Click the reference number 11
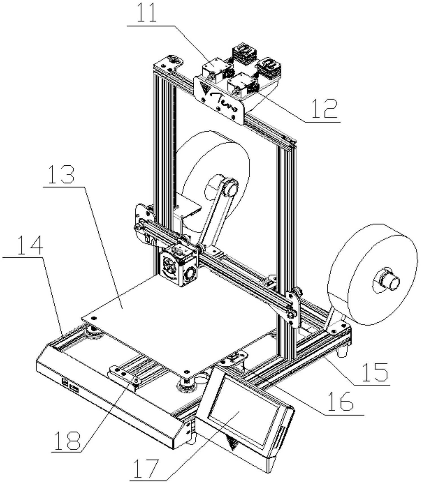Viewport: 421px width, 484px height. point(147,12)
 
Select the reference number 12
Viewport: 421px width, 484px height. point(325,108)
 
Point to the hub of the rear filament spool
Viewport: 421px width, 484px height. point(230,187)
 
